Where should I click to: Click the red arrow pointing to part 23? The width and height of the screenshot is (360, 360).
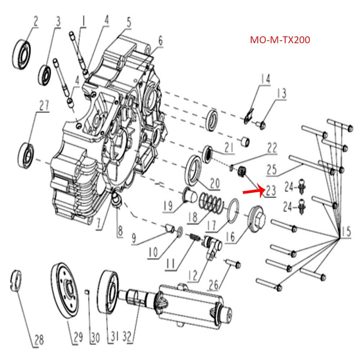click(253, 192)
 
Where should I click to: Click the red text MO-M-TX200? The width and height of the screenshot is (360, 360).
click(279, 40)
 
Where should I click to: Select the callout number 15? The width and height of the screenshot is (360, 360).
click(346, 233)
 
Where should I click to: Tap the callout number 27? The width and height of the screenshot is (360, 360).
click(43, 106)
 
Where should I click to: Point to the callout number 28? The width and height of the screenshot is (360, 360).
click(39, 340)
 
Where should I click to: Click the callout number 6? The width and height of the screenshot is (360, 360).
click(160, 41)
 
